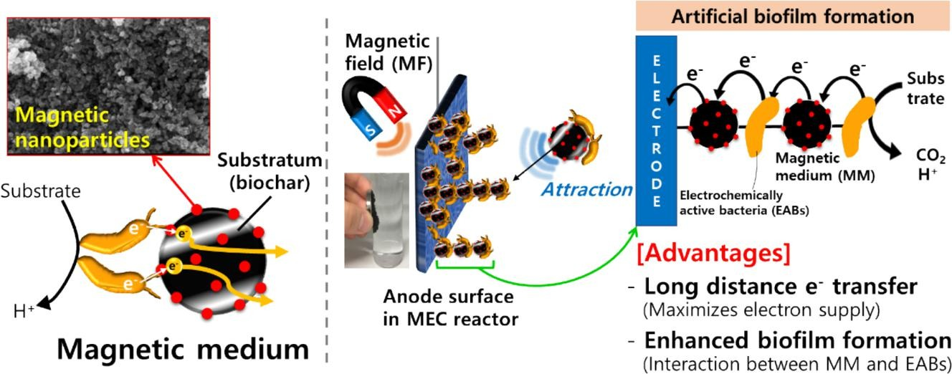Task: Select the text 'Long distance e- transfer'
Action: click(x=781, y=287)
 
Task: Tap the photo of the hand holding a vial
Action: click(x=376, y=220)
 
